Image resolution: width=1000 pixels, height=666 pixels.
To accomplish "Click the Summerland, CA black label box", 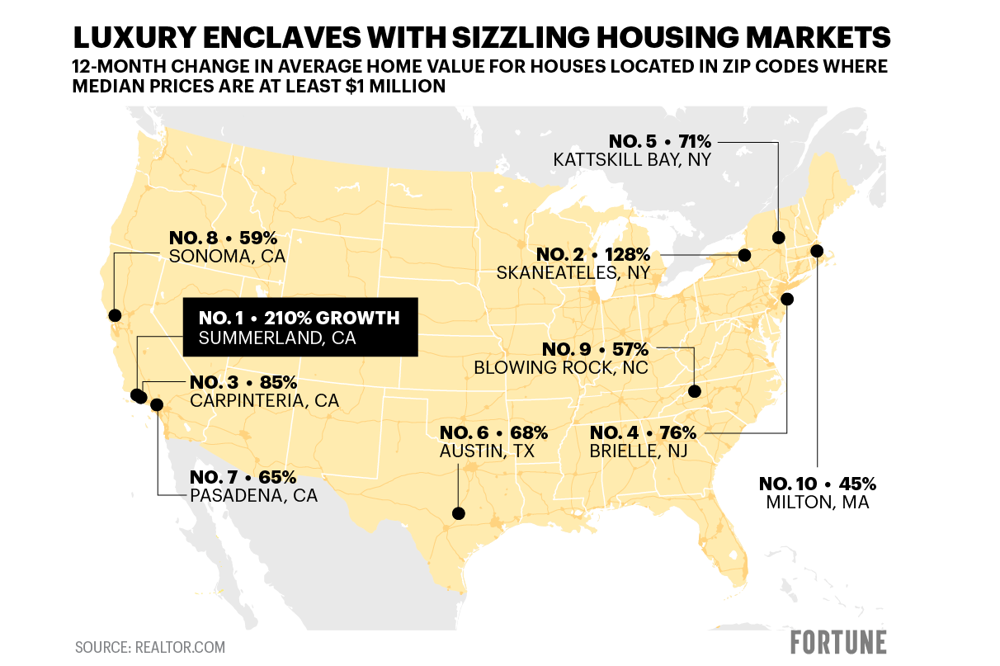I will tap(300, 328).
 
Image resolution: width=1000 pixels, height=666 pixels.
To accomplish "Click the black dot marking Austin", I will tap(459, 512).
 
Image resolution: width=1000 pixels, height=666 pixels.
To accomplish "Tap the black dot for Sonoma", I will tap(115, 315).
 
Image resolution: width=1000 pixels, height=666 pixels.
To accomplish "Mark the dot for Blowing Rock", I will tap(695, 391).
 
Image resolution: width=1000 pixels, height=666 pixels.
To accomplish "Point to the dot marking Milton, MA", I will tap(817, 251).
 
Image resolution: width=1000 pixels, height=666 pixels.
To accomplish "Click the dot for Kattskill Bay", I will tap(778, 238).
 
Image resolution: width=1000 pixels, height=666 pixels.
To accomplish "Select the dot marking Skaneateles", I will tap(744, 255).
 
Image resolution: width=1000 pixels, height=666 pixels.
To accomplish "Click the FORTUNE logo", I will tap(838, 643).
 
